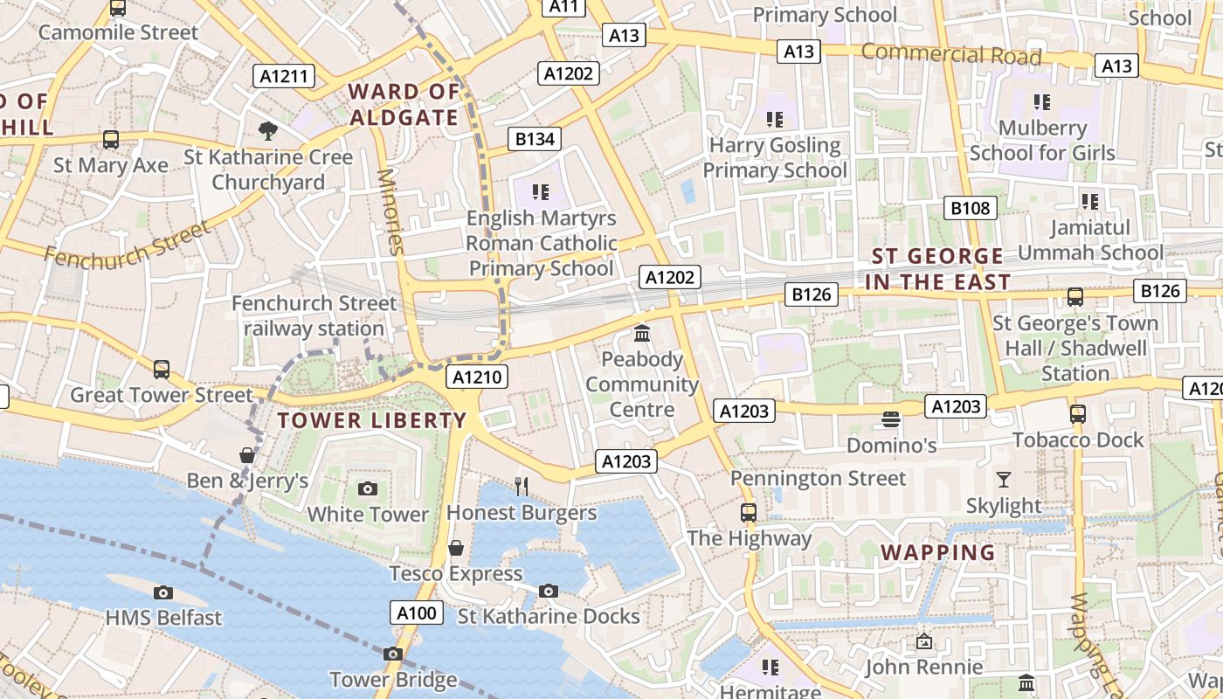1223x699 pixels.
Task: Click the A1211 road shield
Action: tap(285, 76)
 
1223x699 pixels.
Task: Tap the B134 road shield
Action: tap(535, 139)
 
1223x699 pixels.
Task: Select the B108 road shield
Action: tap(971, 208)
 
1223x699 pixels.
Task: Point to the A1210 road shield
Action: tap(476, 377)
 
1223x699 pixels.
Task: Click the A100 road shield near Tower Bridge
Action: tap(416, 612)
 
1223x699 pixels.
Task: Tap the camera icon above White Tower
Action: tap(368, 488)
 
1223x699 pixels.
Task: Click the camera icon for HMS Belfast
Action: tap(162, 593)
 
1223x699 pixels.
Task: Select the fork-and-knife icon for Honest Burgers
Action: tap(522, 487)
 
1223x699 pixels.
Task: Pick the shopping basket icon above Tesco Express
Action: tap(455, 548)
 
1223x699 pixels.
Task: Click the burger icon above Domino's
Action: tap(891, 419)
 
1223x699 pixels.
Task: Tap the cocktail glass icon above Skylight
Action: tap(1003, 480)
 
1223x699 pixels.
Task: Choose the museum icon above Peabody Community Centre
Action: tap(642, 333)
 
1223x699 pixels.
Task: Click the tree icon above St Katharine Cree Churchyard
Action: tap(268, 131)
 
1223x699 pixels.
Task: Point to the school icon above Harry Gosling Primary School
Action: tap(774, 119)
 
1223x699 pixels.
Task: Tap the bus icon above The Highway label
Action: tap(749, 513)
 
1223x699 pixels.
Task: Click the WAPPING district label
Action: tap(938, 552)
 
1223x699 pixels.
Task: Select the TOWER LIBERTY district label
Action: tap(372, 420)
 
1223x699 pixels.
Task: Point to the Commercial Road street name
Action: tap(951, 54)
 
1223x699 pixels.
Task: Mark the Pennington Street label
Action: tap(819, 478)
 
